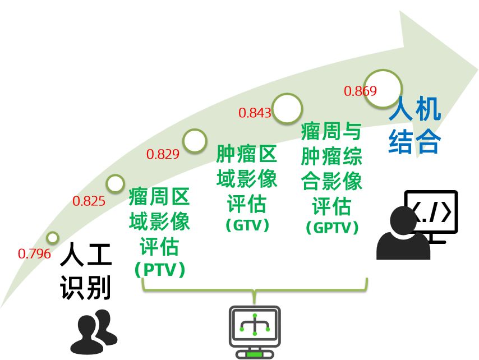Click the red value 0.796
(x=34, y=253)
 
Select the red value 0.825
(x=89, y=201)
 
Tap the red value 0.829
(x=163, y=154)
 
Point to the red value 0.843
(x=255, y=113)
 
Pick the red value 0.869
(x=360, y=91)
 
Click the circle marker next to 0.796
(x=53, y=238)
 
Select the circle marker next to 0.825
(x=115, y=183)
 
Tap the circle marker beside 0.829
(x=195, y=141)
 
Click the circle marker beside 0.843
(x=287, y=108)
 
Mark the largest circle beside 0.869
(x=384, y=89)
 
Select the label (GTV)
(x=247, y=225)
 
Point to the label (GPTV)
(x=332, y=228)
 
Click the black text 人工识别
(x=86, y=271)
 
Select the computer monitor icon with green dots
(x=254, y=331)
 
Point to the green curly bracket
(x=254, y=288)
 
